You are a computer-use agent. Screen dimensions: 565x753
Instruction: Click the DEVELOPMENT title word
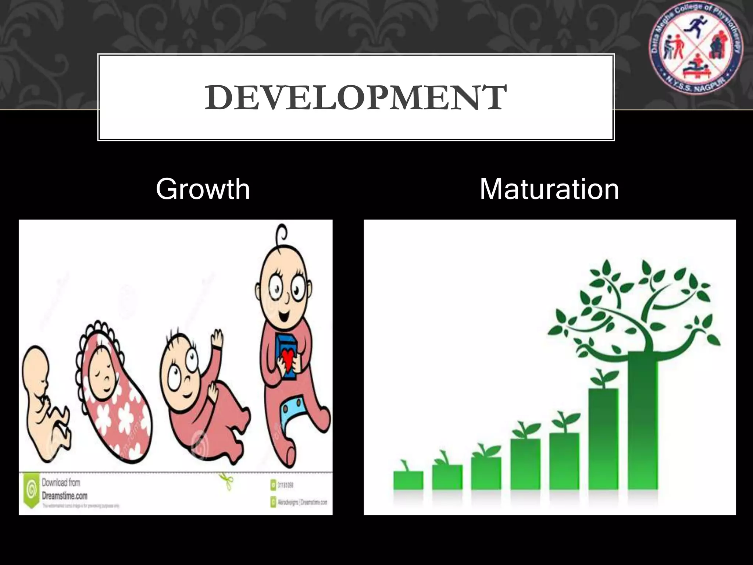coord(356,97)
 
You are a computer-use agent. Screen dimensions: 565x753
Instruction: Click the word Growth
coord(203,189)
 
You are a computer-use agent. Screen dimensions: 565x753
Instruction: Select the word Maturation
coord(549,189)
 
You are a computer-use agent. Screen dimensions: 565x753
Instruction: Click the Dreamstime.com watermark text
coord(64,495)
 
